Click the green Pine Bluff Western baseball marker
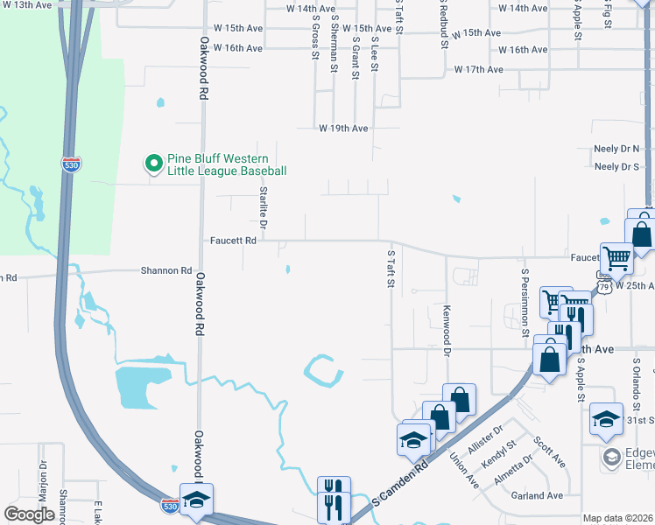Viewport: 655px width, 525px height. click(153, 163)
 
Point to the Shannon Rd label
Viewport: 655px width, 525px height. click(166, 271)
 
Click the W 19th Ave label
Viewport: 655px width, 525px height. click(343, 128)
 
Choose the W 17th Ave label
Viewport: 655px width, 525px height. click(478, 69)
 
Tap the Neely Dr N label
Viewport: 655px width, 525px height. click(616, 149)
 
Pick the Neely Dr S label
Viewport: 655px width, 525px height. click(616, 166)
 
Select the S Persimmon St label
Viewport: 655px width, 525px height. click(525, 303)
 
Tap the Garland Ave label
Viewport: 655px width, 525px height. click(538, 496)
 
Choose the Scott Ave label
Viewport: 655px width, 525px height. click(549, 451)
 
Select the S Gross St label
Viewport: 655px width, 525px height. click(313, 37)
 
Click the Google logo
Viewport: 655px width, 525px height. click(29, 514)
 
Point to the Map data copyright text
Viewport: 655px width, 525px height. click(617, 518)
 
